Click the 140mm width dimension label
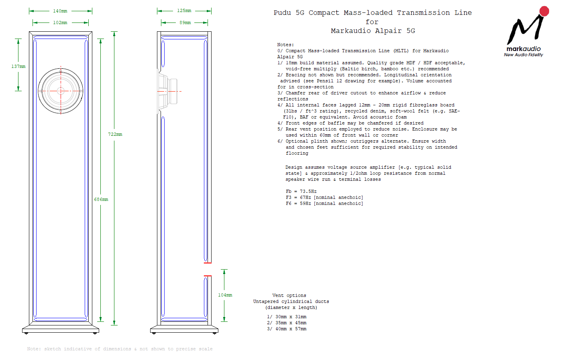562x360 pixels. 60,11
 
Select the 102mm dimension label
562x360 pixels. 60,22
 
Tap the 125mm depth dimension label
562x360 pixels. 184,10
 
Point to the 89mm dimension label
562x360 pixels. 185,22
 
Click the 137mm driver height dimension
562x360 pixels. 18,66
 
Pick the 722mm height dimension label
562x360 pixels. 115,134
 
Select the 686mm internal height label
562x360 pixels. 101,199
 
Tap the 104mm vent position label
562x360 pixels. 225,295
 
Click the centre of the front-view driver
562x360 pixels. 61,91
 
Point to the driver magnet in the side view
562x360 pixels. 173,91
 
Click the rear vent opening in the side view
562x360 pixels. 208,269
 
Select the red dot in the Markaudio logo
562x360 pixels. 544,11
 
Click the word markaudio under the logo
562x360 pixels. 523,49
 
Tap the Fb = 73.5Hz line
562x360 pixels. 301,191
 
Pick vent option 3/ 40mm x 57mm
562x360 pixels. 287,329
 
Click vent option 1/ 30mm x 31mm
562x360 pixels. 287,317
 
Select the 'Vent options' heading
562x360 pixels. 289,295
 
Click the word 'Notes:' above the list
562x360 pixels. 285,45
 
